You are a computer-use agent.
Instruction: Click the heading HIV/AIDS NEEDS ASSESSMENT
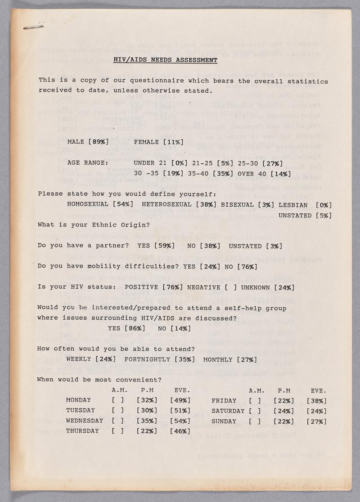pyautogui.click(x=165, y=60)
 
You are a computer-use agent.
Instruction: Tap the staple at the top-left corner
pyautogui.click(x=33, y=27)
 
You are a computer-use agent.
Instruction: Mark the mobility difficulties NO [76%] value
pyautogui.click(x=247, y=267)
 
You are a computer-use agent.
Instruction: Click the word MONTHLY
pyautogui.click(x=218, y=359)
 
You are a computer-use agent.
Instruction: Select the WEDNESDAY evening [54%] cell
pyautogui.click(x=180, y=421)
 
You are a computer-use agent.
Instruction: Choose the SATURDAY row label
pyautogui.click(x=228, y=411)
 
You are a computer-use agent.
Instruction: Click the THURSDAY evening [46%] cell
pyautogui.click(x=180, y=431)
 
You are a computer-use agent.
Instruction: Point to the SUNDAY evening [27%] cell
pyautogui.click(x=316, y=421)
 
